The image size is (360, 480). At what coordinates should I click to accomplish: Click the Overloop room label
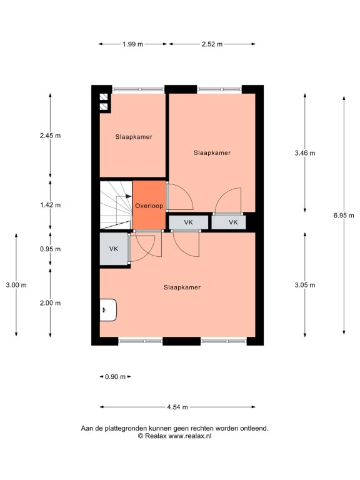149,206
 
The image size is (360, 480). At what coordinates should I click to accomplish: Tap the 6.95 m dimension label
344,216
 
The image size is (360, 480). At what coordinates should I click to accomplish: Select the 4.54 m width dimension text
177,407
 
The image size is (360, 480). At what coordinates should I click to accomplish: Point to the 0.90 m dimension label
115,377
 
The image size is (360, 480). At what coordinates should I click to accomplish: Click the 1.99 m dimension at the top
133,44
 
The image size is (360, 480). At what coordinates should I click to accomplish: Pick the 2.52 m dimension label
212,44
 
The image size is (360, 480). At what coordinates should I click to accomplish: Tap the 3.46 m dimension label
305,153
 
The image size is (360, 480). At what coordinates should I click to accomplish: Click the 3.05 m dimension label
305,285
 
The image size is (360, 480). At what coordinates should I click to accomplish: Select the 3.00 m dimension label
16,285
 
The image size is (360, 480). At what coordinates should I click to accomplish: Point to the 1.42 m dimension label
51,205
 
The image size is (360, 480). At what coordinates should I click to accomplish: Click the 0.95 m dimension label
51,249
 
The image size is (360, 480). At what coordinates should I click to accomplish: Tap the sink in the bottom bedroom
108,310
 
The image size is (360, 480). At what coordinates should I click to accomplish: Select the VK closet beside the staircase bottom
114,249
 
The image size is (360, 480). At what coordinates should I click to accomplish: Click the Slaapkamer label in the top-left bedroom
134,137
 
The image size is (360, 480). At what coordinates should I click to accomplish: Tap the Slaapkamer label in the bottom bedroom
182,287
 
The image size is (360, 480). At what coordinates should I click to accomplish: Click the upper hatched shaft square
104,97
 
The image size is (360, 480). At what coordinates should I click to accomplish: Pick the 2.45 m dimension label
51,136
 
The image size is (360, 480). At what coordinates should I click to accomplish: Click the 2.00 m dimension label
51,303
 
